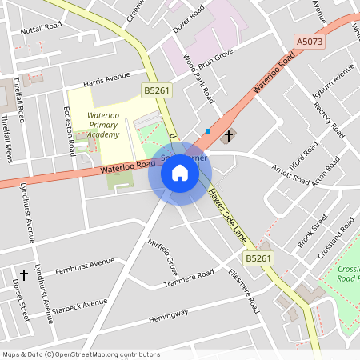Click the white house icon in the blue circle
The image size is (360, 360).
[180, 172]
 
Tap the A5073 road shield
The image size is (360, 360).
[310, 40]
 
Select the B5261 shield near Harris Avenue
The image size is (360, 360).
[157, 91]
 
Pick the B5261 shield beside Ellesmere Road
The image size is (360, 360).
[258, 258]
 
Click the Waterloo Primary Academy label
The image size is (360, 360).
[103, 125]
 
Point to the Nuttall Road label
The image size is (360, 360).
[42, 27]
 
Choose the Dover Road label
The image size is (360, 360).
[189, 18]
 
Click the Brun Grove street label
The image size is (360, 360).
[215, 57]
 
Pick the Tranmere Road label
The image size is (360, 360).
[189, 279]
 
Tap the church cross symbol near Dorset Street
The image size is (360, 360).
[23, 275]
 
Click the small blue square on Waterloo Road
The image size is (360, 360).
[208, 131]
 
